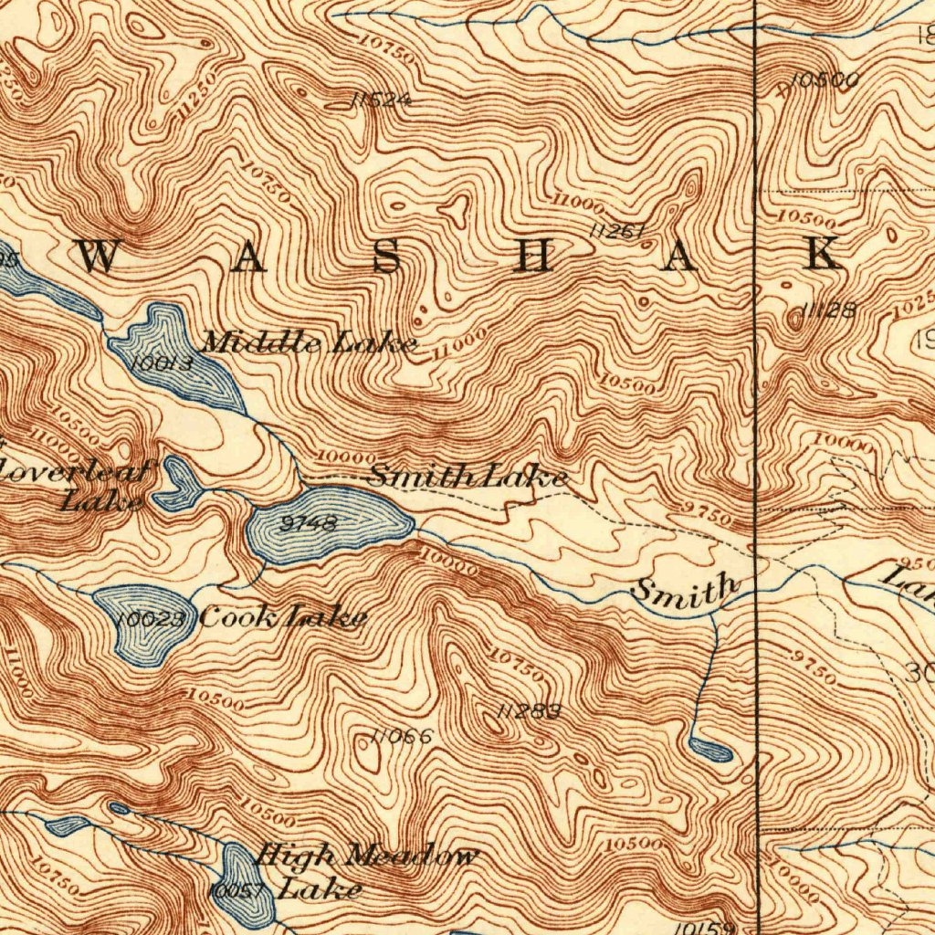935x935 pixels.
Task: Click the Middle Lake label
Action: point(309,343)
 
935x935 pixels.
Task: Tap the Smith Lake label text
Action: point(468,476)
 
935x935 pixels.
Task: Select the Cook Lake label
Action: point(283,617)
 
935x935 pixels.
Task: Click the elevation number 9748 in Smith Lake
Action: point(310,524)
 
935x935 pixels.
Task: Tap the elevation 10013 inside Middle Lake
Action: point(163,363)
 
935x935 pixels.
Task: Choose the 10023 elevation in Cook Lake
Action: point(152,619)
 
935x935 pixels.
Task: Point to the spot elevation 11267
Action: point(617,232)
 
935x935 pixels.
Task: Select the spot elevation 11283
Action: point(529,710)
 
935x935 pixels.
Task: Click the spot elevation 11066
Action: point(401,736)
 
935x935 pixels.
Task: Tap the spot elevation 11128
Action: point(828,311)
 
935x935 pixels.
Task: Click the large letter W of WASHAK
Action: point(97,257)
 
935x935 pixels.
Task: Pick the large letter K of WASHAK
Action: point(821,255)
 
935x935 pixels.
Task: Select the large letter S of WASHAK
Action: point(386,257)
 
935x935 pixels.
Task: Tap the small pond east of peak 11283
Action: point(711,751)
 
